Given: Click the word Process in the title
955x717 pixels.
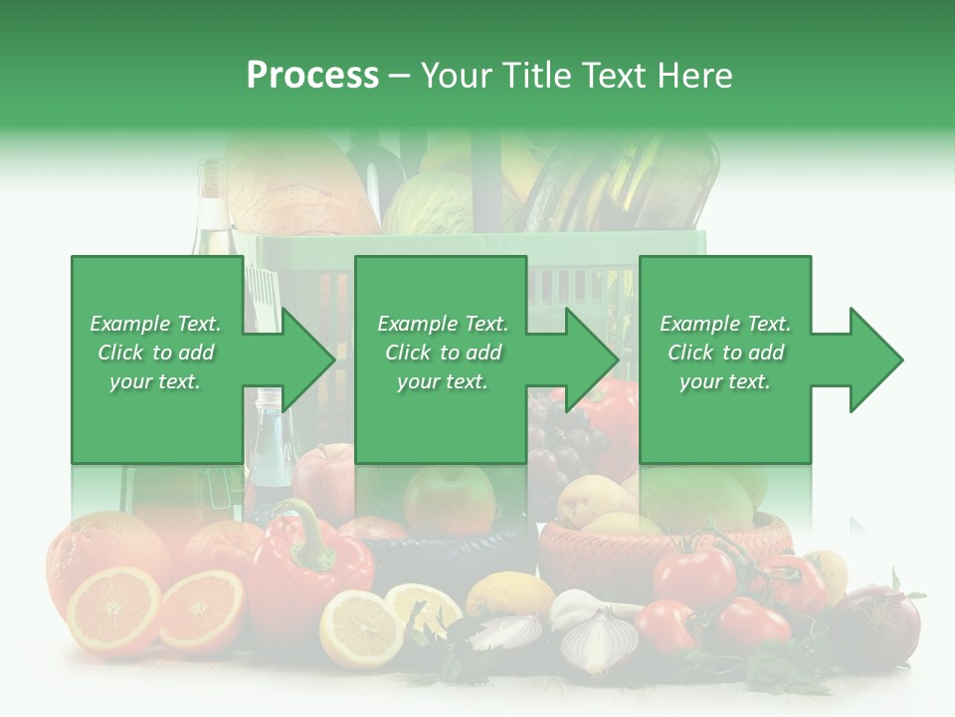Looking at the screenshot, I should pos(312,76).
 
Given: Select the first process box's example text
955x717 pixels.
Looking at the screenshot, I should pos(155,353).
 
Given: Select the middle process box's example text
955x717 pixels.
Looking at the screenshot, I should pos(442,353).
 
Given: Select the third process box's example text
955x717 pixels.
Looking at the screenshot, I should pos(725,353).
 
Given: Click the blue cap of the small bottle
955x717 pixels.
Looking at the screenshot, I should pos(268,398).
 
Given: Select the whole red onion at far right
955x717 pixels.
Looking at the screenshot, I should pos(880,622).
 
